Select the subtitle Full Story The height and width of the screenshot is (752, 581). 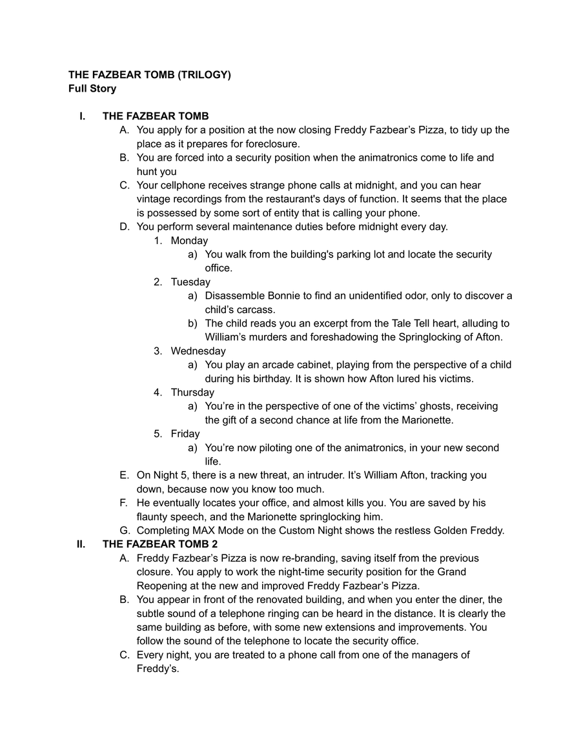point(92,88)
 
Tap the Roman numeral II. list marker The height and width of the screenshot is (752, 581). point(81,544)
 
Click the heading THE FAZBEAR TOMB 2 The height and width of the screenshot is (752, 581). point(160,544)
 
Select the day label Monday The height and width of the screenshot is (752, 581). point(189,241)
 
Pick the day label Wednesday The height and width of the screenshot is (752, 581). point(198,351)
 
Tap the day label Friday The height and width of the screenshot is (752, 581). point(185,434)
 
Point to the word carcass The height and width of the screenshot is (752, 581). point(256,310)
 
